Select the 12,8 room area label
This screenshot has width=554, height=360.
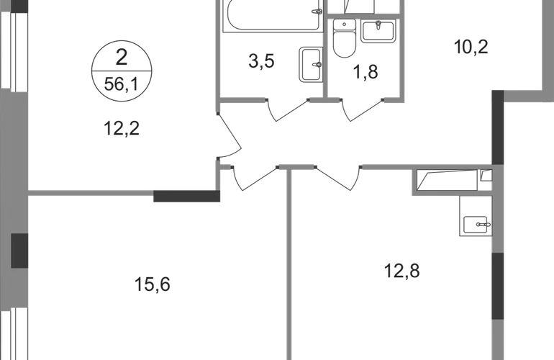(400, 271)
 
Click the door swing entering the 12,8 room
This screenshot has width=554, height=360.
(338, 178)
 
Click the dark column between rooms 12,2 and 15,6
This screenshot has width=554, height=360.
(183, 195)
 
